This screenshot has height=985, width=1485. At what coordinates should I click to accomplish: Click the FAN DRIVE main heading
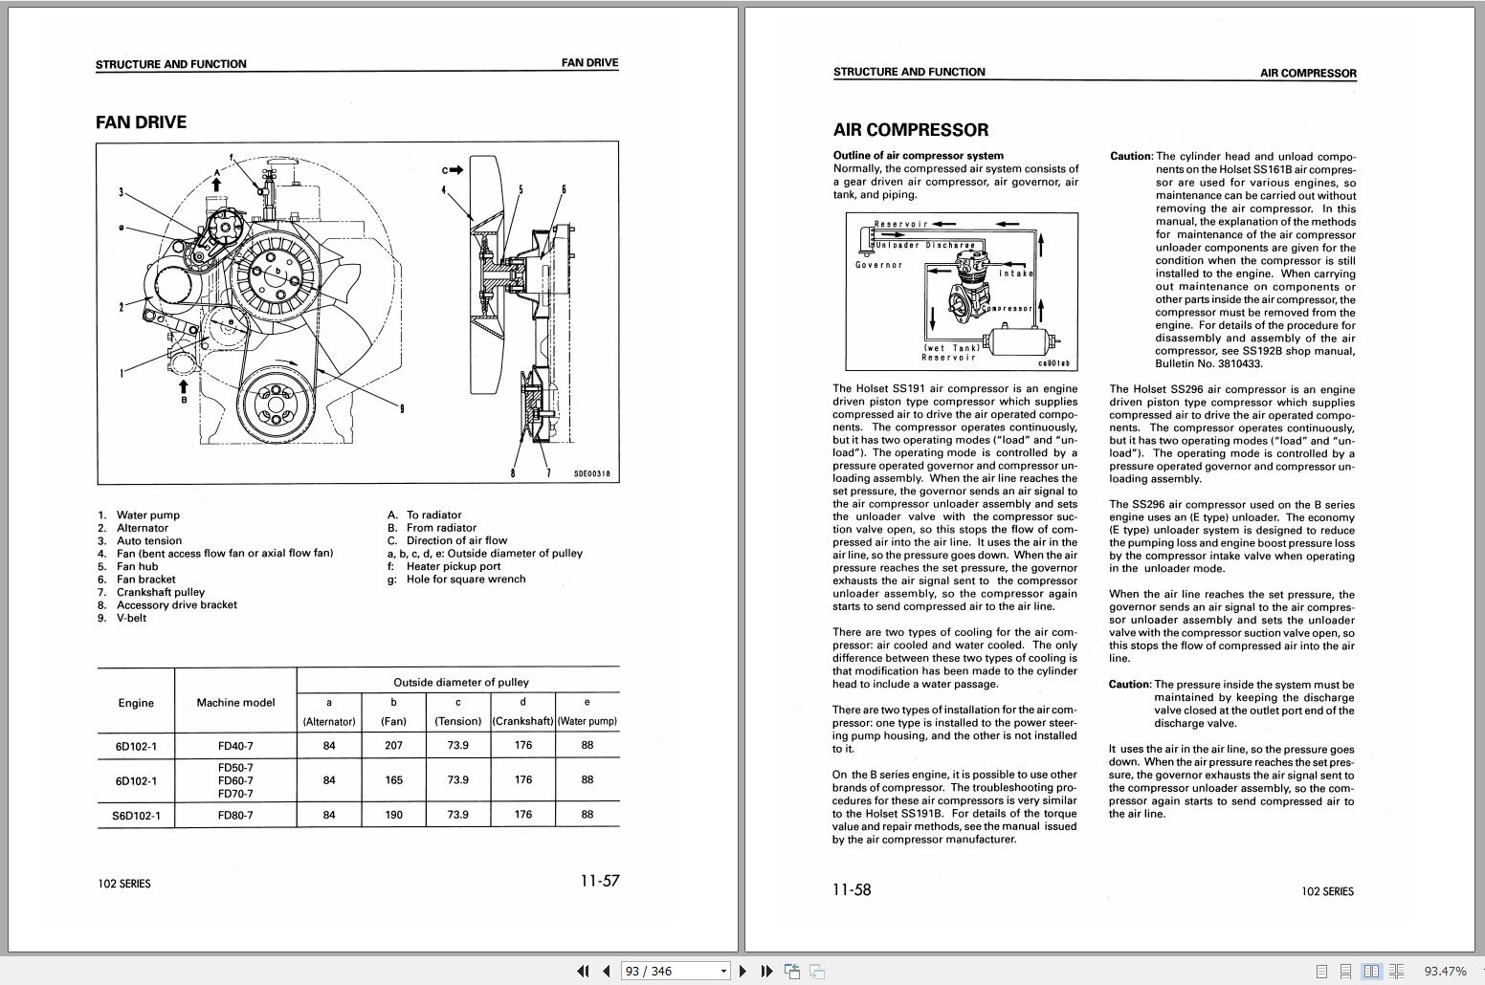(141, 122)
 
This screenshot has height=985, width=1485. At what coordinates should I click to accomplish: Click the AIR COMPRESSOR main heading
(911, 130)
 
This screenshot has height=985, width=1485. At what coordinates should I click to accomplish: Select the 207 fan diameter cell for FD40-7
(393, 745)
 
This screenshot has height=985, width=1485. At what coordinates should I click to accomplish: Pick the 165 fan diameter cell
(393, 780)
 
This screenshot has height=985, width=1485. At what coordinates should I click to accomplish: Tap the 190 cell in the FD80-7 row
(393, 815)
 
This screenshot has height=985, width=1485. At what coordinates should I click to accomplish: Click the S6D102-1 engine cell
(136, 816)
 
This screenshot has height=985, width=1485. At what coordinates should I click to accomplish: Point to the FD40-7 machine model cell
(235, 746)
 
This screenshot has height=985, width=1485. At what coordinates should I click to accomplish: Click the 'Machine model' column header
(235, 702)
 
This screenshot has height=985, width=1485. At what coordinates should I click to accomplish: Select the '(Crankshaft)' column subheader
(522, 721)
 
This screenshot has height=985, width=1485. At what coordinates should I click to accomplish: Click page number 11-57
(600, 881)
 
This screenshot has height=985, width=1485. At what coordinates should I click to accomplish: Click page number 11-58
(852, 889)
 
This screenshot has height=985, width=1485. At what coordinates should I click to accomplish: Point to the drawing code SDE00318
(591, 473)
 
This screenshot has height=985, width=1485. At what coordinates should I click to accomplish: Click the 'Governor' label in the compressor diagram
(878, 265)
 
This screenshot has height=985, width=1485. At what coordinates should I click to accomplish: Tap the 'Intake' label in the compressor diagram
(1015, 274)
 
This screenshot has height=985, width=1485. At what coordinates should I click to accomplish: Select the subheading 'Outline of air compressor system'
(919, 155)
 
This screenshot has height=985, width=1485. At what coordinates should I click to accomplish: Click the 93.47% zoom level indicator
(1445, 971)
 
